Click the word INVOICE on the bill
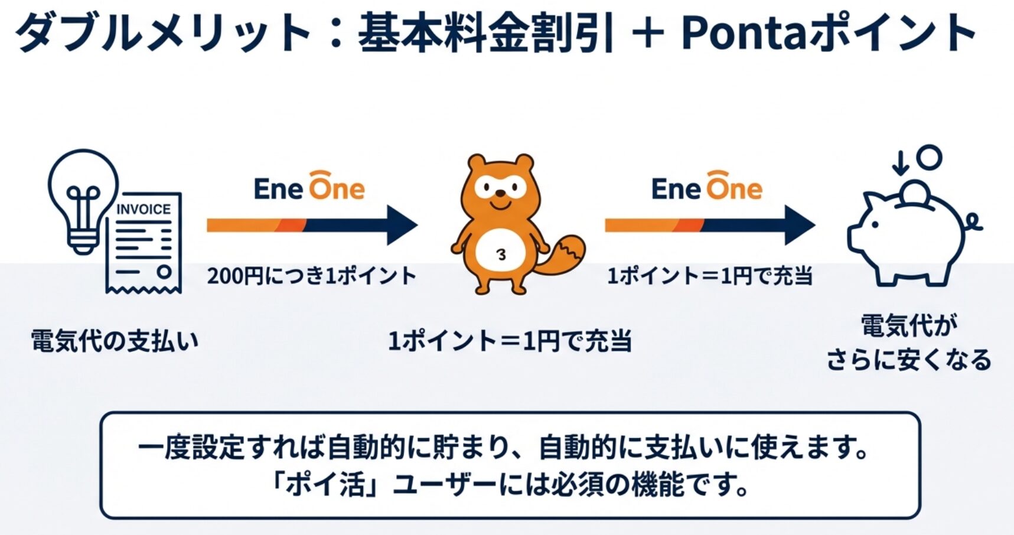144,210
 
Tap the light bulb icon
83,201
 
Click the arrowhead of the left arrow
402,225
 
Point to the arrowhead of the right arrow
800,225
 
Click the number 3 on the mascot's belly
501,255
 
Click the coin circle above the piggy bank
930,158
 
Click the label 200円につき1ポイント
312,276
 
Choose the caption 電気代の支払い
115,341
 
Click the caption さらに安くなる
909,360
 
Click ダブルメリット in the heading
163,33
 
